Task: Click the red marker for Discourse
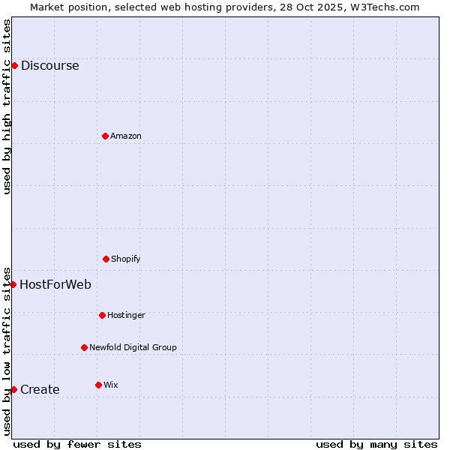[x=14, y=65]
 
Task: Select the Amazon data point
[x=105, y=136]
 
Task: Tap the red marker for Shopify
[x=106, y=259]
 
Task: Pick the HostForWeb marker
[x=13, y=284]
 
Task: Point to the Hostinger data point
[x=102, y=315]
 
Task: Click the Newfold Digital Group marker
[x=84, y=347]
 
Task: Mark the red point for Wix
[x=98, y=385]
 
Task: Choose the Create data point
[x=13, y=389]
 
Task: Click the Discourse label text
[x=49, y=65]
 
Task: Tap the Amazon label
[x=126, y=136]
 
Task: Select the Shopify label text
[x=126, y=259]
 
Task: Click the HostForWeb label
[x=55, y=284]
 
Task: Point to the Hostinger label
[x=126, y=315]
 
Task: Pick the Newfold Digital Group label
[x=133, y=347]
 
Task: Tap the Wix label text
[x=111, y=385]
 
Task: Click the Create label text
[x=40, y=389]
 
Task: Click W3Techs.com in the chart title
[x=385, y=7]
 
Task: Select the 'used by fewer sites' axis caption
[x=77, y=444]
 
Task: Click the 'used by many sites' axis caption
[x=376, y=444]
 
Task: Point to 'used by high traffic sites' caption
[x=7, y=106]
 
